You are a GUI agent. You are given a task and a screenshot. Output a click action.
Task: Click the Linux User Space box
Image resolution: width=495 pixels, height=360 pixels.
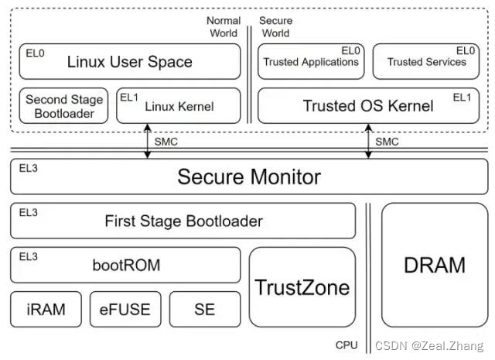129,62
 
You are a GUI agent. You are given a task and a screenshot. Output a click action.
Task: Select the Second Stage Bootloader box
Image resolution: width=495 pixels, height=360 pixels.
64,106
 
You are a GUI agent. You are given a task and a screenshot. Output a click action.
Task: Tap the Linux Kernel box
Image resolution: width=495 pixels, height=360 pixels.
179,106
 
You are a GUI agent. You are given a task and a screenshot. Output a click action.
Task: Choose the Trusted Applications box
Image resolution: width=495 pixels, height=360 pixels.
311,62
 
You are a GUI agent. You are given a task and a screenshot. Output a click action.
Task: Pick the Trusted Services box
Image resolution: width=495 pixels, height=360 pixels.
426,62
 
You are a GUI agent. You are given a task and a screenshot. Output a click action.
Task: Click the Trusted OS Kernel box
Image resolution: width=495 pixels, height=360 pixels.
367,106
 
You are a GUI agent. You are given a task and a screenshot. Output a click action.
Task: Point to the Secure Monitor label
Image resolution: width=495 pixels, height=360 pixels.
248,177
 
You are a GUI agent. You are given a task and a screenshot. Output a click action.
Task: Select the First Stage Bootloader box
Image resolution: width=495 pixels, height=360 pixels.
183,221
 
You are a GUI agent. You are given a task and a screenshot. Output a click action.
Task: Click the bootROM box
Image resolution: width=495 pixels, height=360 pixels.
125,266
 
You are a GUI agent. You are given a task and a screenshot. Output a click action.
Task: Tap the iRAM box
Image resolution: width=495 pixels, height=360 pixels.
46,310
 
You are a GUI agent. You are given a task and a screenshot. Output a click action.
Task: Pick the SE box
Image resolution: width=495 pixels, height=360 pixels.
205,310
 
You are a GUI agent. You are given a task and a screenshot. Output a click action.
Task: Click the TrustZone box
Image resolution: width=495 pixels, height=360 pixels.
302,287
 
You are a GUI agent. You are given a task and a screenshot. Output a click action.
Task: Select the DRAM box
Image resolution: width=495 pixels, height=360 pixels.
434,265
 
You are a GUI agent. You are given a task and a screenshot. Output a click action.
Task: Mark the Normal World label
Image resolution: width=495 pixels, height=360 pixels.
224,26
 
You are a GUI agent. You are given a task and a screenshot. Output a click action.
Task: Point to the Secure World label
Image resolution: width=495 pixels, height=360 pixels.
275,26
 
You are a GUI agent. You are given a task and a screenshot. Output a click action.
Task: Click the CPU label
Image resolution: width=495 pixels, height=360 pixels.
346,345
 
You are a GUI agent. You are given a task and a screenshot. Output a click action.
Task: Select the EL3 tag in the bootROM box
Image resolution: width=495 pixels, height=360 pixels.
28,255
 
